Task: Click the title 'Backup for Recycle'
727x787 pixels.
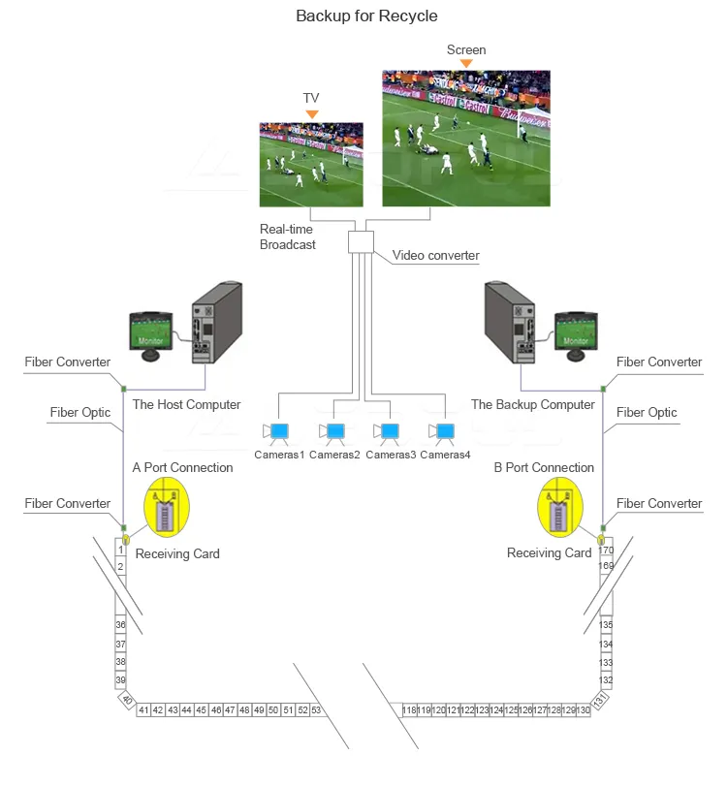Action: (366, 16)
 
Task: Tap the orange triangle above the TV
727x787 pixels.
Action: (311, 114)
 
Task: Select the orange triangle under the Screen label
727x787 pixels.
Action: (466, 64)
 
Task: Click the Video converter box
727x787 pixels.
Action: (361, 241)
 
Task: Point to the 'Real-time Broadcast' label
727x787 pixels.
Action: (287, 237)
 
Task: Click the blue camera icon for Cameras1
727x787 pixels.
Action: (278, 431)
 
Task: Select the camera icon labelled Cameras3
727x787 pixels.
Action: (389, 431)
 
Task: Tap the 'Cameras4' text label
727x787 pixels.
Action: (446, 455)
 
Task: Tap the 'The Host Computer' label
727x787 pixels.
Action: (187, 404)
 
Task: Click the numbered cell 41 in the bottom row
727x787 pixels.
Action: (143, 710)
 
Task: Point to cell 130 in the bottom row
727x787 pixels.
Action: (583, 710)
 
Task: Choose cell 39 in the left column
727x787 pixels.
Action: (121, 680)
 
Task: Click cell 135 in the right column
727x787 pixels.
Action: (606, 625)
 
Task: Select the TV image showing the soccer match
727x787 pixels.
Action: (311, 164)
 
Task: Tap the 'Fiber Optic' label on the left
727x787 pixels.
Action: (80, 413)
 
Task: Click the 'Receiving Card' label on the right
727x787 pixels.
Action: (549, 553)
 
